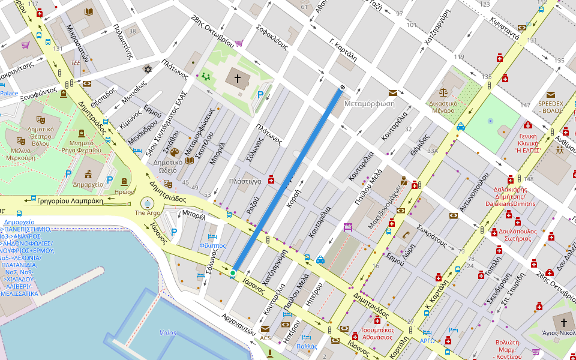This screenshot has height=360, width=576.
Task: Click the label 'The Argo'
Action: point(148,213)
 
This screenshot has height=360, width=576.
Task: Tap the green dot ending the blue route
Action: point(233,273)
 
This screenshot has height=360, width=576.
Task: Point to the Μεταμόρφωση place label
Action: point(370,103)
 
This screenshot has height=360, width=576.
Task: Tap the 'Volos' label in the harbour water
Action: point(168,332)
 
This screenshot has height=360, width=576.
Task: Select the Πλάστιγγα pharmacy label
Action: point(244,181)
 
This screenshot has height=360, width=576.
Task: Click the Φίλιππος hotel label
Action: point(212,245)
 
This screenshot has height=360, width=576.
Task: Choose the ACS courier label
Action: point(265,338)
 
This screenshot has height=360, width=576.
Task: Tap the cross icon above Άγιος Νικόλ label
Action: point(563,321)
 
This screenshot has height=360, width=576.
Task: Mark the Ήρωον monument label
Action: point(124,192)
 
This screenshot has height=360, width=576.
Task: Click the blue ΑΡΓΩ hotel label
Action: point(427,341)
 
